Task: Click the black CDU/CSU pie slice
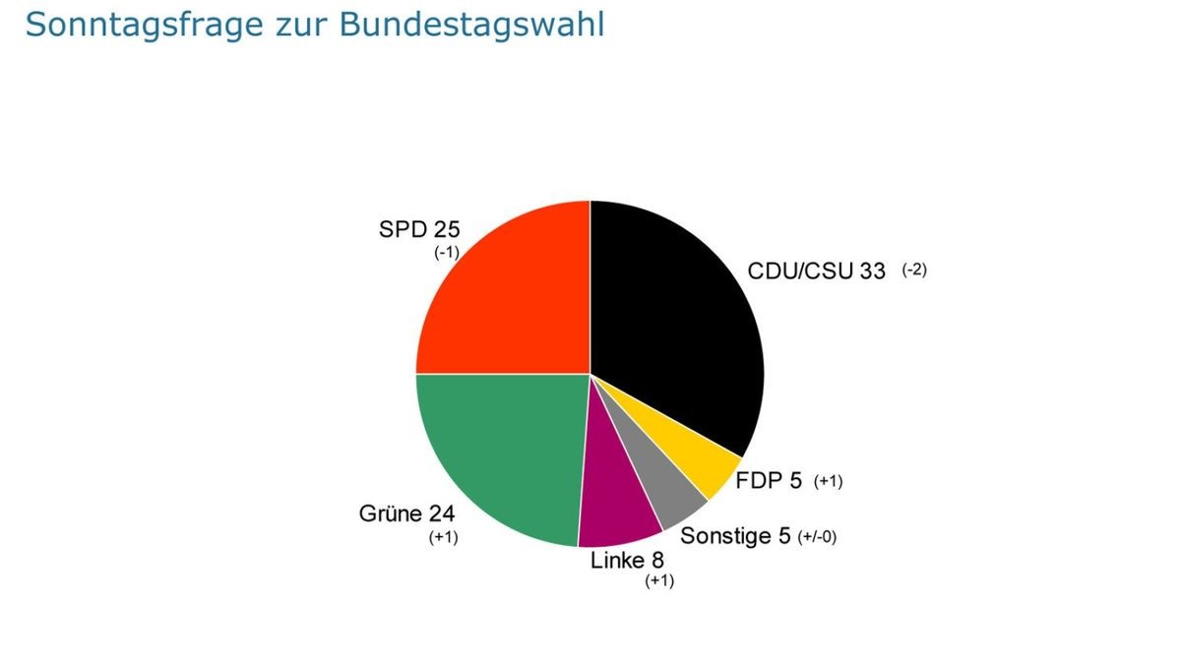[679, 315]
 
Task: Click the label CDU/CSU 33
[816, 271]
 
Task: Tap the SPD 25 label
[418, 230]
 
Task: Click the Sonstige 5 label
[735, 537]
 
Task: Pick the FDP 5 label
[769, 481]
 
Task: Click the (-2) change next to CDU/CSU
[914, 271]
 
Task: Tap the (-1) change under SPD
[446, 252]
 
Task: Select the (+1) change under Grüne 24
[444, 537]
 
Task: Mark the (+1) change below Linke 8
[659, 580]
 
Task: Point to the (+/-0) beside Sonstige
[817, 537]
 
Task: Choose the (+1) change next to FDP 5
[828, 481]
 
